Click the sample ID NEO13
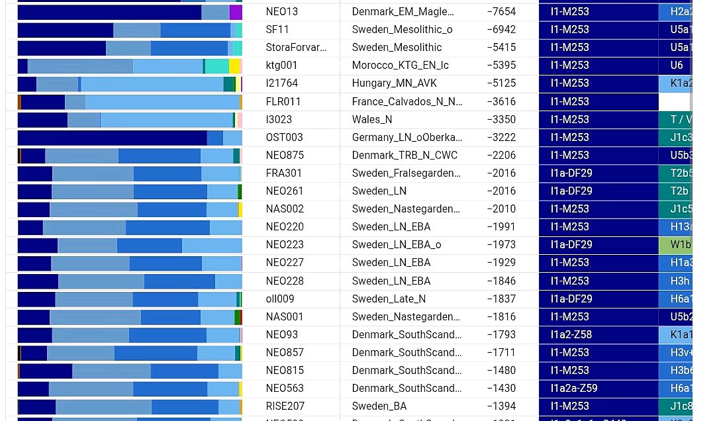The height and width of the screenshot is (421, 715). click(x=282, y=12)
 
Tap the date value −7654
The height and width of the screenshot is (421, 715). click(x=501, y=12)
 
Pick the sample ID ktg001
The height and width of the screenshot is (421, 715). click(x=281, y=66)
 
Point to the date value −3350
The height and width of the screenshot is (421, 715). click(x=501, y=120)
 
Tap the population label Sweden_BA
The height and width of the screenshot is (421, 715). click(x=379, y=406)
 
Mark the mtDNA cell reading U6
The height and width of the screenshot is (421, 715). click(x=676, y=66)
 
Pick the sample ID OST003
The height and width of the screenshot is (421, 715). click(x=285, y=138)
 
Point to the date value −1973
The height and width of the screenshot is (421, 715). click(x=501, y=245)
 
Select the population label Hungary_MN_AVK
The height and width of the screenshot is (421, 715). click(x=395, y=83)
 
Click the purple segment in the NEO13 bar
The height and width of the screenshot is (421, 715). click(x=236, y=12)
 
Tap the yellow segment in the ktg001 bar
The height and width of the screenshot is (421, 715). click(x=234, y=66)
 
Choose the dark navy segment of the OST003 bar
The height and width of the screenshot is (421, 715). click(x=112, y=138)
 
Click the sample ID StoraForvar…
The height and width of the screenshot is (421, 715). click(x=296, y=48)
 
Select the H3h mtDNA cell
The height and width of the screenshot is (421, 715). click(x=676, y=281)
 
